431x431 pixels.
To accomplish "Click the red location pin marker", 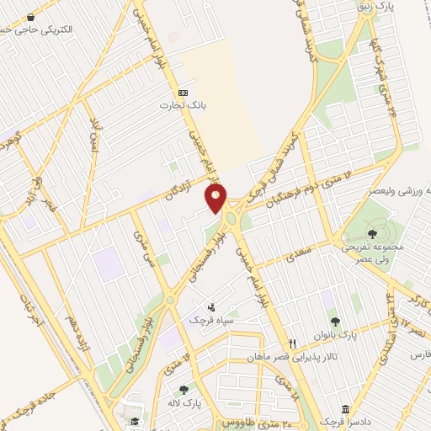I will [216, 198].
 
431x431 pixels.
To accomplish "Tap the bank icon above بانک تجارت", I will [184, 93].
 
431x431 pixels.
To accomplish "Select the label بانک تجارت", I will [184, 106].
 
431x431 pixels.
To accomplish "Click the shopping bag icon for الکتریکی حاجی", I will [31, 17].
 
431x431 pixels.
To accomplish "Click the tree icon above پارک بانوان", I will [335, 321].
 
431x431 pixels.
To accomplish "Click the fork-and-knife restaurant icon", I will [292, 343].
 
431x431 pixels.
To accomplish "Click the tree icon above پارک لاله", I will [184, 389].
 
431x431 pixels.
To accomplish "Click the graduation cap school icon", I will [134, 422].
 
